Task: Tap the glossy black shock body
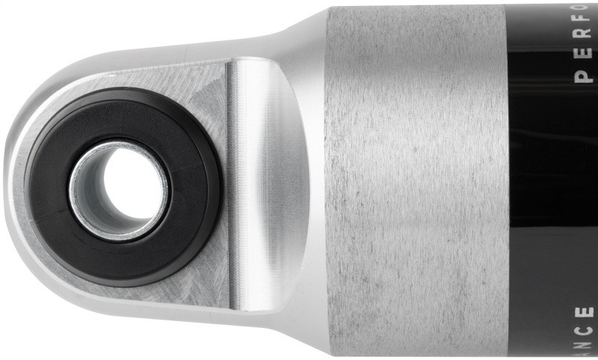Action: coord(553,187)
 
